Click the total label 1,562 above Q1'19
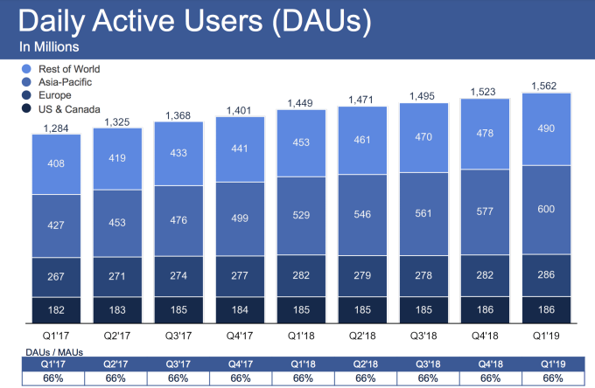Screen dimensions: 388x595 (545, 86)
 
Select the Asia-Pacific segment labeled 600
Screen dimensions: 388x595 (545, 210)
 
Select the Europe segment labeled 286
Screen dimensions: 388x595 (545, 274)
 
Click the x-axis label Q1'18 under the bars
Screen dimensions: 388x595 (300, 334)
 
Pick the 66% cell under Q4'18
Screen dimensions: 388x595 (489, 378)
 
